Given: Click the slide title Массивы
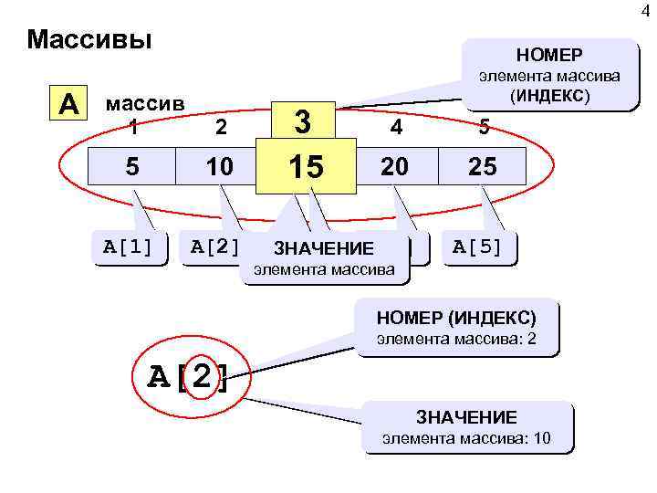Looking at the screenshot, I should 89,40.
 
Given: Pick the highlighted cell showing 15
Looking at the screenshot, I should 307,167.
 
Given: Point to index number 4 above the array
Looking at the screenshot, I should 395,129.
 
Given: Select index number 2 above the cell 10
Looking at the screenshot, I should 219,129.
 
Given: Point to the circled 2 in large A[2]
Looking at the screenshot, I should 211,374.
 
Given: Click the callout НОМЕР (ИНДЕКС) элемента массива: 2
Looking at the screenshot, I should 457,329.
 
